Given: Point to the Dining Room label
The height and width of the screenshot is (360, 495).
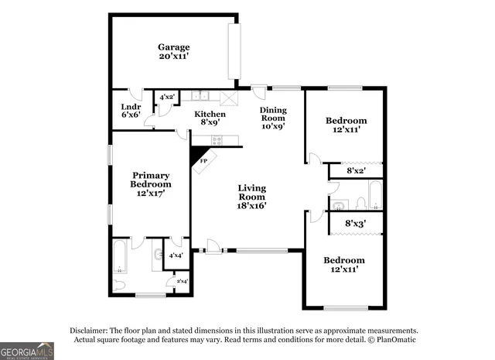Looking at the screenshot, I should pyautogui.click(x=272, y=118).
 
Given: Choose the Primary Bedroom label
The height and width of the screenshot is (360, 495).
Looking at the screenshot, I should pyautogui.click(x=151, y=184).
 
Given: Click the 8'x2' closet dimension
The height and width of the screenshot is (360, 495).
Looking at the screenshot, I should pyautogui.click(x=357, y=170).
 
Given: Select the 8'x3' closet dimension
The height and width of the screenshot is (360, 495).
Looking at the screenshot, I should pyautogui.click(x=355, y=224).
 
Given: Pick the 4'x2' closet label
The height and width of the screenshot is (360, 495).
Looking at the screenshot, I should pyautogui.click(x=167, y=98).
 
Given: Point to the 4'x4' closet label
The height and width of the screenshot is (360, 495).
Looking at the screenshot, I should pyautogui.click(x=176, y=255).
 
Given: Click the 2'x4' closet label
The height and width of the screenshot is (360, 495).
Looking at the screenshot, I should pyautogui.click(x=182, y=281).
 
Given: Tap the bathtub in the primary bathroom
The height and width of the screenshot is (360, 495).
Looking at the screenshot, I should pyautogui.click(x=121, y=257).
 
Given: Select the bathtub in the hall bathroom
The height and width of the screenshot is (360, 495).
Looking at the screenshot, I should pyautogui.click(x=374, y=195).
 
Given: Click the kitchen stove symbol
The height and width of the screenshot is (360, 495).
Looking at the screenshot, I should pyautogui.click(x=217, y=140).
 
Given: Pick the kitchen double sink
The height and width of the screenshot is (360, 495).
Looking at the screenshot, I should pyautogui.click(x=202, y=96).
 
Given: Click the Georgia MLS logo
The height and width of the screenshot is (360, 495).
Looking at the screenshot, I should pyautogui.click(x=27, y=351).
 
